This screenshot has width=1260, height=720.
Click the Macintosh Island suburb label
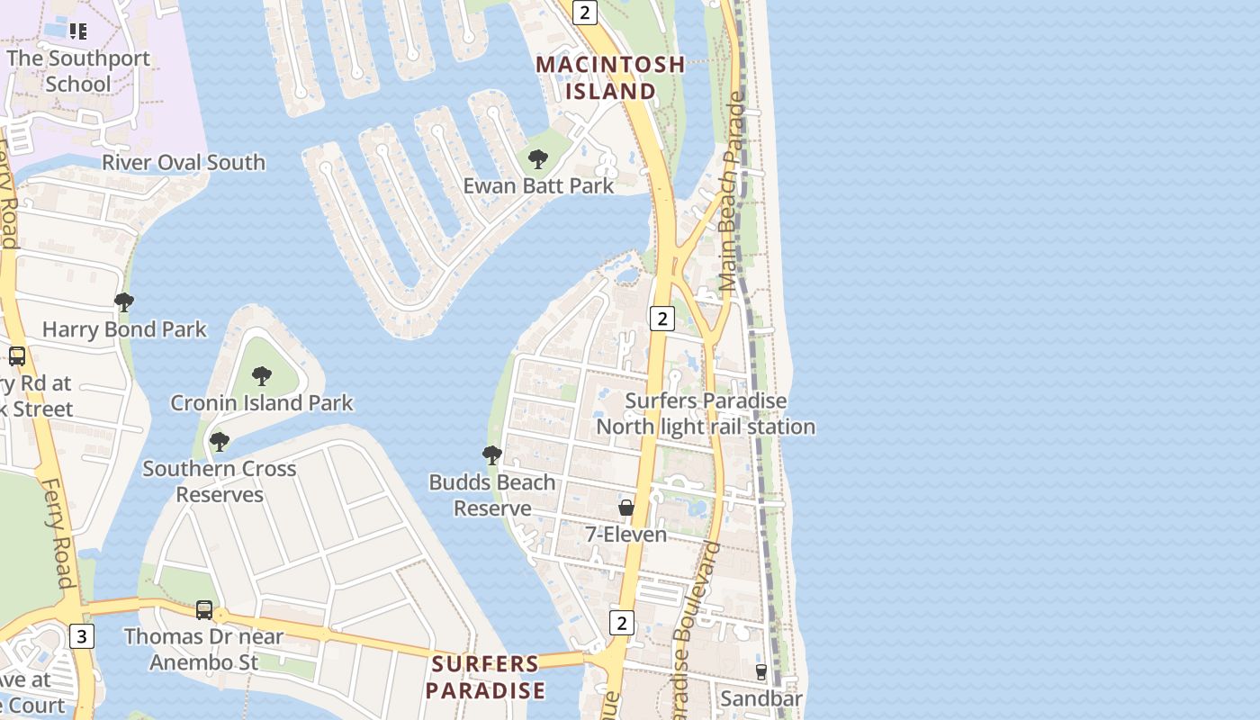click(x=610, y=77)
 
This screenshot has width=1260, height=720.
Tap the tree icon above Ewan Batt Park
click(x=538, y=160)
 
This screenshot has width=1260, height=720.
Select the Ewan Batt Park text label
click(x=538, y=186)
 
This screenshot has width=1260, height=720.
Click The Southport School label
click(x=78, y=71)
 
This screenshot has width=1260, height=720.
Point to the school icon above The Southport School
click(x=78, y=31)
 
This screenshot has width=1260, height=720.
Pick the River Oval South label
click(x=184, y=163)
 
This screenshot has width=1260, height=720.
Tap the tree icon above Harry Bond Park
click(x=124, y=302)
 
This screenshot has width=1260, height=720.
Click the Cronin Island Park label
click(x=262, y=403)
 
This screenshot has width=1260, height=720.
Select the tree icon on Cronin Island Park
click(x=262, y=375)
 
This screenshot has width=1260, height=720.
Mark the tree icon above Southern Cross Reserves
click(x=219, y=442)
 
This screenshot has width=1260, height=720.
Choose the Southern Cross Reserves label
click(x=220, y=481)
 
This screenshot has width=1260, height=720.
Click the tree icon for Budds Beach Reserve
click(x=491, y=455)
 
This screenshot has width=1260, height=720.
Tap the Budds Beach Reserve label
click(x=492, y=495)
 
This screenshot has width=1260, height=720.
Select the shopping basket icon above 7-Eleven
click(x=626, y=508)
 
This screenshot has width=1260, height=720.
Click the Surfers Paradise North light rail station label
click(x=706, y=413)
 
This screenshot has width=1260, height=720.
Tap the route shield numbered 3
click(x=82, y=637)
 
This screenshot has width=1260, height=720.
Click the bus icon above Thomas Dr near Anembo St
click(x=204, y=610)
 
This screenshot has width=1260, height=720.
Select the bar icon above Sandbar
click(x=761, y=672)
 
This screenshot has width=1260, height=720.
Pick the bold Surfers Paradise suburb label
click(x=485, y=677)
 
